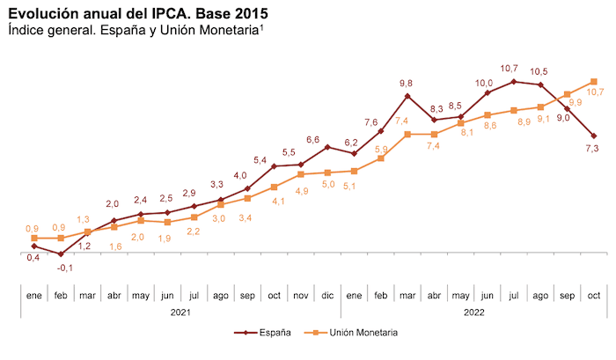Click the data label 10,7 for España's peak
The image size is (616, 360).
[x=510, y=68]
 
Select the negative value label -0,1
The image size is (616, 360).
[x=64, y=268]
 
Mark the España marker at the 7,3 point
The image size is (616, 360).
[x=594, y=136]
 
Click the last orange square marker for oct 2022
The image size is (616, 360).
[x=594, y=82]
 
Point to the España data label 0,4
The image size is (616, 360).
[x=33, y=258]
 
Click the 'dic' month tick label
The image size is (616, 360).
[x=326, y=295]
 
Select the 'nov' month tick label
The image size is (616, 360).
[x=300, y=295]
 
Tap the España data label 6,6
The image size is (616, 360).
[x=313, y=140]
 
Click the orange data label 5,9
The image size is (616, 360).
[x=381, y=150]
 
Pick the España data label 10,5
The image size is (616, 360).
[x=539, y=71]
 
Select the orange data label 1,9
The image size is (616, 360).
[x=165, y=238]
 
